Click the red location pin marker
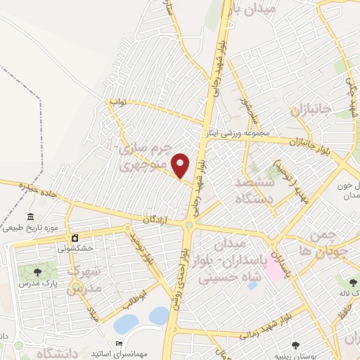(181, 165)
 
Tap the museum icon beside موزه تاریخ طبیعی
(30, 216)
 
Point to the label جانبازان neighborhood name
(310, 110)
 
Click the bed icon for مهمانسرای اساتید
(118, 344)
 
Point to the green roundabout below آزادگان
(190, 226)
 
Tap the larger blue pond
(127, 323)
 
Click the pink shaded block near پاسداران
(273, 268)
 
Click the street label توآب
(117, 102)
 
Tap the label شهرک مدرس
(84, 279)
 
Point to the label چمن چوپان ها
(324, 243)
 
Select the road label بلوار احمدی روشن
(178, 281)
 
